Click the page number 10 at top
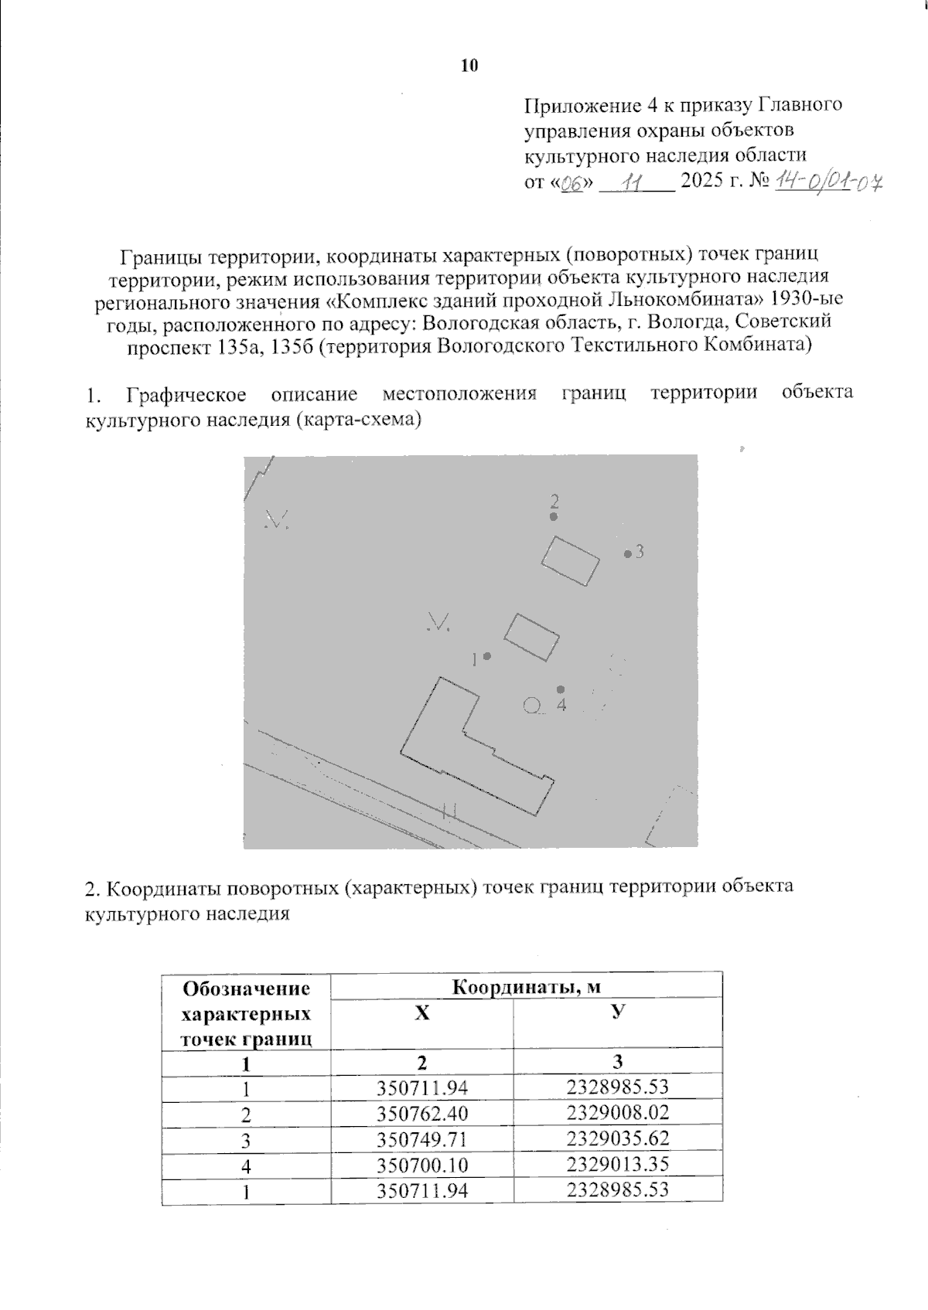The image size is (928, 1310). [469, 66]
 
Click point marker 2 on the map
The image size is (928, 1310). [554, 516]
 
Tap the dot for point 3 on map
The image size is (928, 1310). [628, 553]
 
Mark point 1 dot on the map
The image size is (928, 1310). [486, 657]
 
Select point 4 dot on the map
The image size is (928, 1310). [561, 689]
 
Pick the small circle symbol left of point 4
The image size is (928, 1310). [531, 704]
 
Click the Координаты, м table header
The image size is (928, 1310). [526, 987]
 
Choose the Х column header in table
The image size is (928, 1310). [421, 1014]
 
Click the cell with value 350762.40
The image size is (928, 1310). [422, 1114]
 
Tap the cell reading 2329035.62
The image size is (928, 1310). [617, 1138]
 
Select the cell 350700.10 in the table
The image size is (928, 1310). [422, 1165]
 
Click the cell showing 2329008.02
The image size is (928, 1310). [617, 1113]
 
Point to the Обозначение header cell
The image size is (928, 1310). [246, 988]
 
